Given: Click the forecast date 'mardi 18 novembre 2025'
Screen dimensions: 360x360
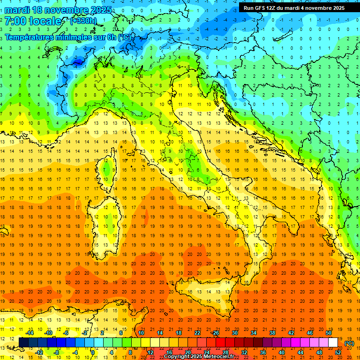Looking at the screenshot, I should coord(58,10).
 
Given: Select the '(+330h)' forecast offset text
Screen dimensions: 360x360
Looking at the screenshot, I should coord(83,21).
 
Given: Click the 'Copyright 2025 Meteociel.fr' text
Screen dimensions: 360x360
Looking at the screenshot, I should coord(199,357).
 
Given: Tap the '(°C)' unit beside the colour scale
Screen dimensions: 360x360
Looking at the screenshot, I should coord(349,343).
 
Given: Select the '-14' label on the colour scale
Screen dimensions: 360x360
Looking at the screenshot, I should coord(29,332).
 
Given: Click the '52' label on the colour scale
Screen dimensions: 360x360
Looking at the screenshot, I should coord(337,352).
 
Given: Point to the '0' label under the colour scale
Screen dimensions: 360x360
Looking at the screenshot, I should coord(93,352).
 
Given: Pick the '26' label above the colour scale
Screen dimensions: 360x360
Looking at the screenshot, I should coord(216,332).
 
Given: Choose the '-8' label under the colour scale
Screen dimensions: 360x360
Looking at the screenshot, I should coord(57,352).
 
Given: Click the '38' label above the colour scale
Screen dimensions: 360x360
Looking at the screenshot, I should coord(272,332).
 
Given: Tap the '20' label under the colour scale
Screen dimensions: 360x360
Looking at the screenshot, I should coord(187,352).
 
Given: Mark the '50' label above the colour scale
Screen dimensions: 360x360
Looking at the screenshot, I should coord(328,332).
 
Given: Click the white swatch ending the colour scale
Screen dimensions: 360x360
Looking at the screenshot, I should coord(333,342).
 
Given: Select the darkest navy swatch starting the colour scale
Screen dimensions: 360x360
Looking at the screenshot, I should coord(23,342).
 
